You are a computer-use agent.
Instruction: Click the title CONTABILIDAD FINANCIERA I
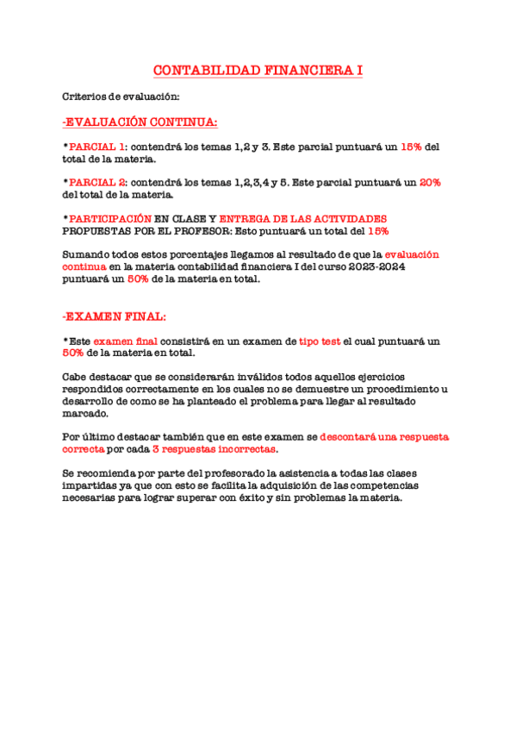tap(258, 71)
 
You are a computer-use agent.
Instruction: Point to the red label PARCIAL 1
tap(96, 147)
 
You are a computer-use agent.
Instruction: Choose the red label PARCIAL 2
tap(97, 183)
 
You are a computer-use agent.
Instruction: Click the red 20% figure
tap(430, 183)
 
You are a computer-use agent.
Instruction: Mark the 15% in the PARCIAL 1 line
tap(411, 147)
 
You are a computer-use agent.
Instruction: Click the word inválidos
tap(230, 377)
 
